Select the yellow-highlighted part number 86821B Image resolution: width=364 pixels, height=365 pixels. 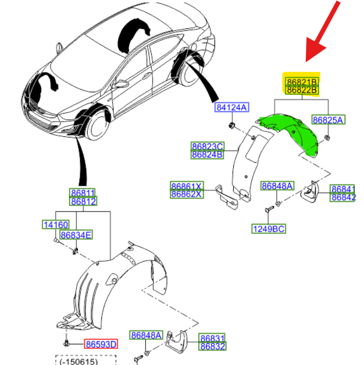tap(302, 82)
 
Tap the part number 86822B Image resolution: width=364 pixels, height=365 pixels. tap(302, 90)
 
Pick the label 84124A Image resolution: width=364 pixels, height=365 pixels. tap(231, 107)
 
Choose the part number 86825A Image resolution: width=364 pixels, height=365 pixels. tap(328, 120)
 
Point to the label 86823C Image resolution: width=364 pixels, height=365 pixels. tap(207, 147)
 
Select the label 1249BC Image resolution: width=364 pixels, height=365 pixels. tap(269, 229)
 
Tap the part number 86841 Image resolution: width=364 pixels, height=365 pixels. tap(343, 189)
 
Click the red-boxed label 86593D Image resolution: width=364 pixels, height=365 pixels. tap(100, 344)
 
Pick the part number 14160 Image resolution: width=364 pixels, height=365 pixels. tap(55, 225)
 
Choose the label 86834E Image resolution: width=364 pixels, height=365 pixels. tap(76, 235)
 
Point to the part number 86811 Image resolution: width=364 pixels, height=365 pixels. tap(83, 193)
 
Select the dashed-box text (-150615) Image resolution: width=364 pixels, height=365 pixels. tap(85, 361)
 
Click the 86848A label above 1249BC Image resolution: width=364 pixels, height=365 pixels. tap(277, 186)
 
